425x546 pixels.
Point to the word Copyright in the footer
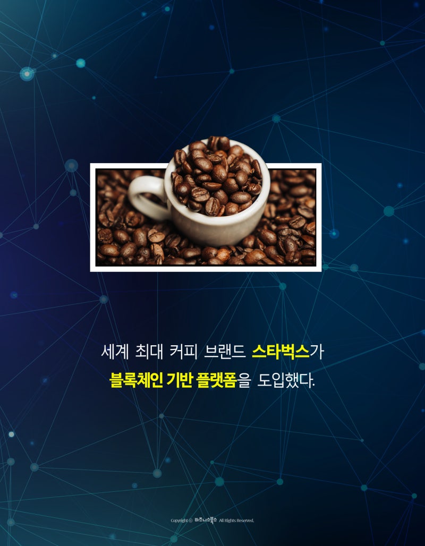pos(179,521)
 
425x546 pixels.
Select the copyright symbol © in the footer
pos(190,521)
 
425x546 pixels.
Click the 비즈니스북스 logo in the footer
pos(206,520)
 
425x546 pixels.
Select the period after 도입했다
pos(314,385)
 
